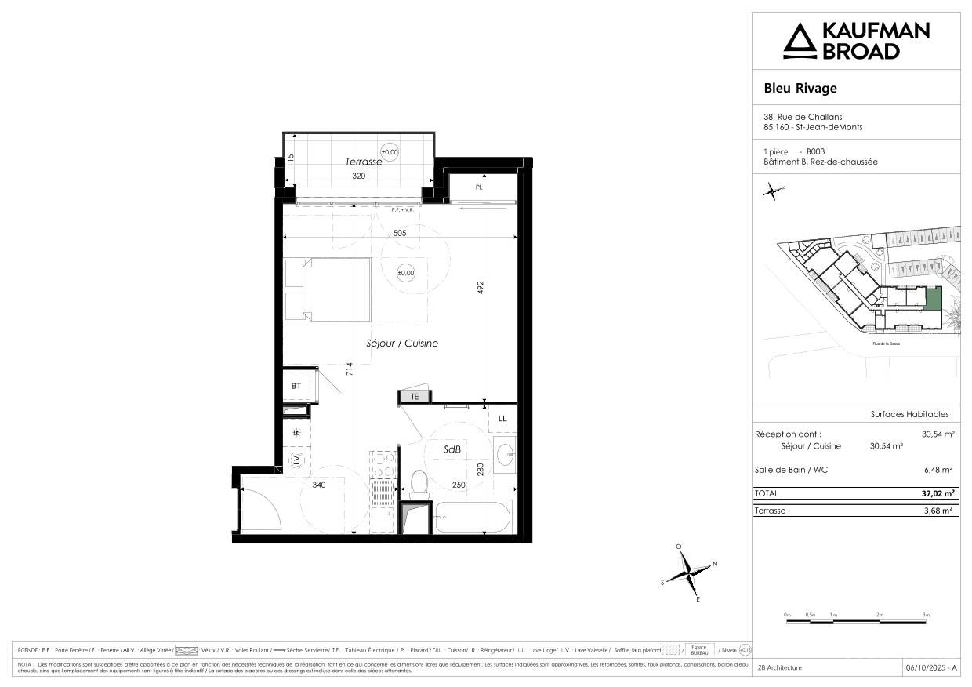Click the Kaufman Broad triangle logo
point(800,41)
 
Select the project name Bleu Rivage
point(800,88)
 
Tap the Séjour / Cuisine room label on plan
point(402,343)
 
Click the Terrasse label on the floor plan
point(364,162)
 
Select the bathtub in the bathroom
point(473,518)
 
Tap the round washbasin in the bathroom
point(506,453)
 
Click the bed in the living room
point(328,289)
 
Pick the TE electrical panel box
point(415,397)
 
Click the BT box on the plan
point(296,386)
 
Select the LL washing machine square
point(502,419)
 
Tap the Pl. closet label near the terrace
point(478,188)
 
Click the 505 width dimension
point(400,232)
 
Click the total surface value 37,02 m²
point(938,494)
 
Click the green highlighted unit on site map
point(932,298)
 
